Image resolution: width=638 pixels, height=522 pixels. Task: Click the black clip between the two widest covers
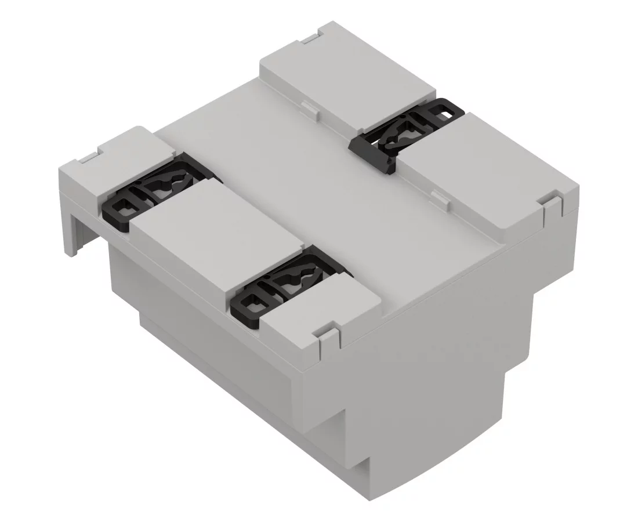coord(406,135)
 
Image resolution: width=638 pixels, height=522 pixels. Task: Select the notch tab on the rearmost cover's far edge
coord(313,39)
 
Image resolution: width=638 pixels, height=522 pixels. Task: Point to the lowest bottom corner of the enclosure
coord(371,496)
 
